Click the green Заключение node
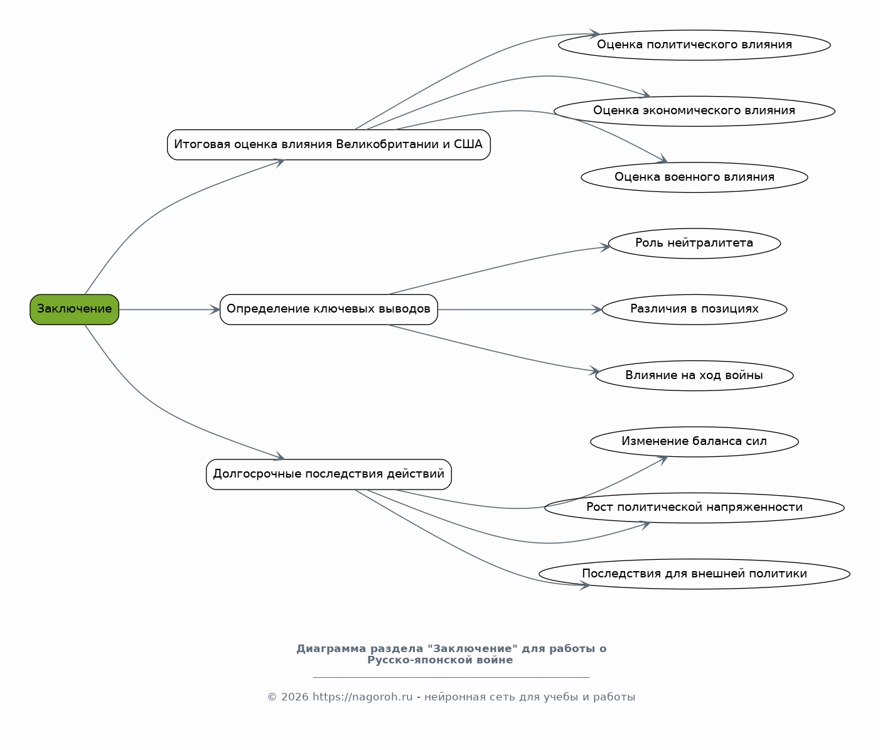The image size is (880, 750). coord(75,309)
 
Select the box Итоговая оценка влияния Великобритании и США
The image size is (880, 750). coord(329,145)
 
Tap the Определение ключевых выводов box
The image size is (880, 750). coord(329,309)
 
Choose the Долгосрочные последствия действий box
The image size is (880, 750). coord(329,474)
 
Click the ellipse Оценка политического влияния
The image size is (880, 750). coord(694,45)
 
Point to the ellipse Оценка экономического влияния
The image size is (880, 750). coord(694,110)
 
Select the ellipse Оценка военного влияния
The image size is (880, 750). coord(694,177)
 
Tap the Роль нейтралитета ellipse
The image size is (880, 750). coord(694,243)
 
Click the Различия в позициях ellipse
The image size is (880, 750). coord(694,309)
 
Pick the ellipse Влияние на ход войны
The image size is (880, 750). coord(694,375)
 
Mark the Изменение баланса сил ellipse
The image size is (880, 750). coord(694,442)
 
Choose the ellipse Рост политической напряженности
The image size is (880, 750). coord(694,508)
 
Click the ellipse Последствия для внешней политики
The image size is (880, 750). coord(694,574)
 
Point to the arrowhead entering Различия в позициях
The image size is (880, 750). coord(597,309)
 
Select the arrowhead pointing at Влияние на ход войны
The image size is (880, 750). coord(594,371)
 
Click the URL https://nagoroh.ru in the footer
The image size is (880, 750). coord(363,697)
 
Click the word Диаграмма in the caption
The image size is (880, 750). coord(331,649)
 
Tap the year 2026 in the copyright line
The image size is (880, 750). coord(294,697)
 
